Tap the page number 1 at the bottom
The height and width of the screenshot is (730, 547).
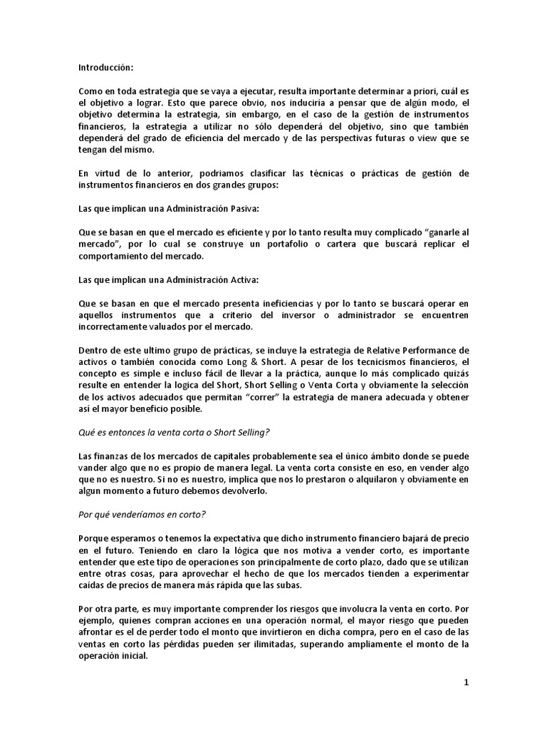click(467, 682)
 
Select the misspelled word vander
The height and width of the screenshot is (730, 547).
click(93, 469)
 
